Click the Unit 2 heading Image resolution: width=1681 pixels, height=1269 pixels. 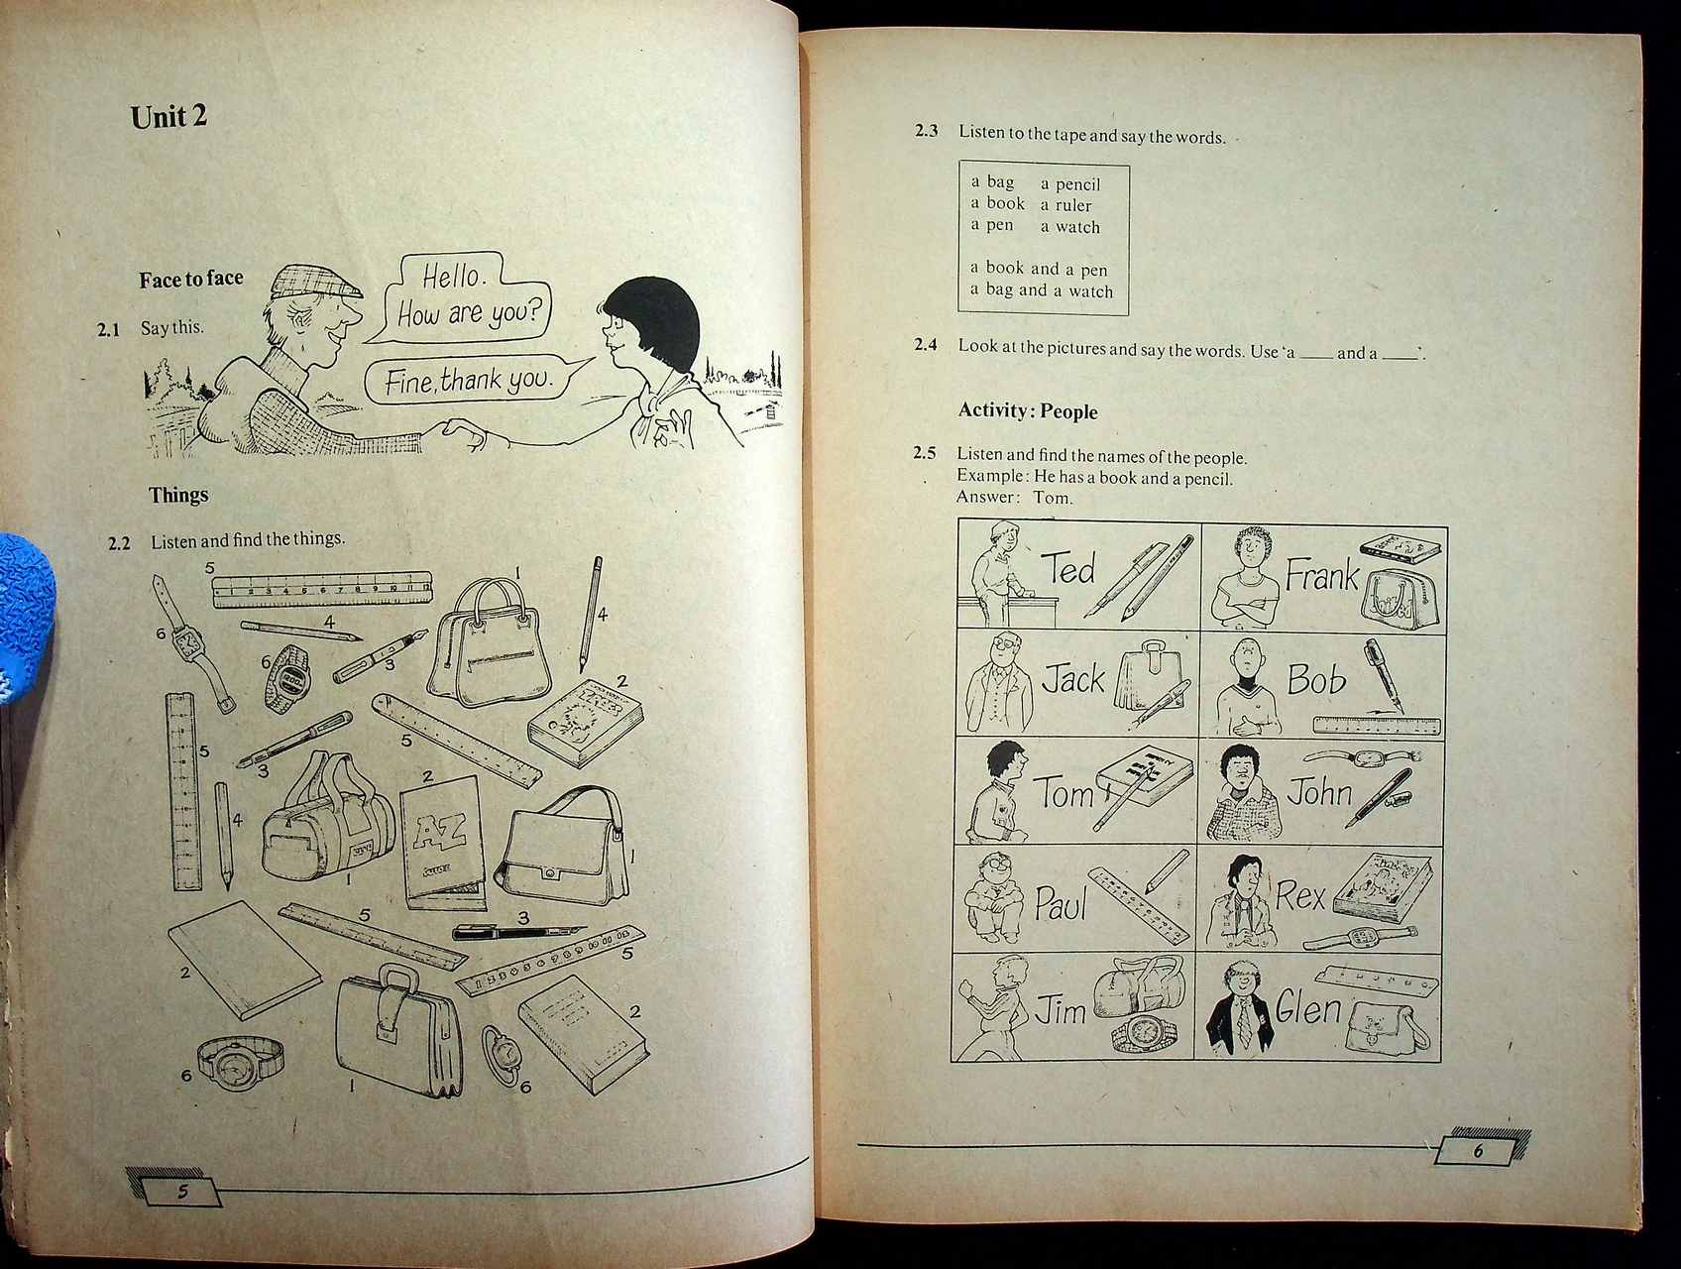pyautogui.click(x=168, y=117)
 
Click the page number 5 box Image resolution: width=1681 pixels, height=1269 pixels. pyautogui.click(x=181, y=1191)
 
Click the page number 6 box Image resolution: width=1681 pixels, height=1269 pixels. pyautogui.click(x=1477, y=1151)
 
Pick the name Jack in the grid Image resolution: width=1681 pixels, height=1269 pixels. pyautogui.click(x=1073, y=679)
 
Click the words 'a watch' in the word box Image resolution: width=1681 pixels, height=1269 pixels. pyautogui.click(x=1070, y=227)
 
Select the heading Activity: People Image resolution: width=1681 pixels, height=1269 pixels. pyautogui.click(x=1028, y=411)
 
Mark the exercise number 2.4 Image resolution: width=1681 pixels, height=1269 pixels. pyautogui.click(x=925, y=345)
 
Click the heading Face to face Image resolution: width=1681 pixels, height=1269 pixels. pyautogui.click(x=190, y=279)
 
